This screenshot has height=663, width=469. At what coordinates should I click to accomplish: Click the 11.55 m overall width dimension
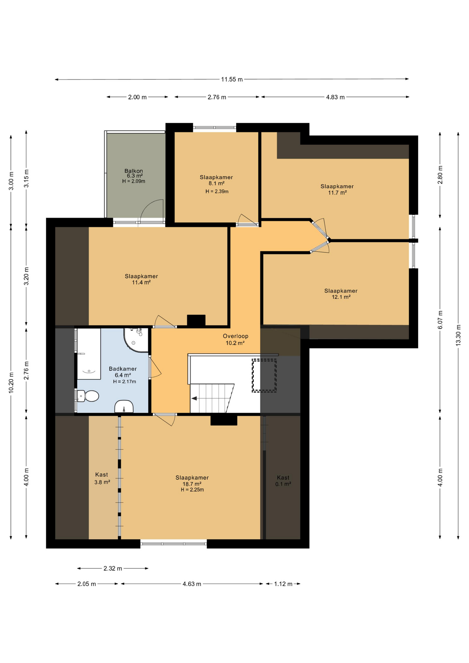pos(232,79)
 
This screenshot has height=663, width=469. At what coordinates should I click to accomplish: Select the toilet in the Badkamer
pos(88,396)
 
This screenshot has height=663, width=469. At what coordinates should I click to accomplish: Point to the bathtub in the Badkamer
pos(88,354)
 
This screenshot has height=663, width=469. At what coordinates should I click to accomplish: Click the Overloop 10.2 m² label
pos(235,339)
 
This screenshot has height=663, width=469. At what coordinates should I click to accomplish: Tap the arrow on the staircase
pos(194,398)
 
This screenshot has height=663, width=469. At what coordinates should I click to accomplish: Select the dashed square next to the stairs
pos(264,375)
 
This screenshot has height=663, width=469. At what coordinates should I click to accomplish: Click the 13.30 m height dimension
pos(458,335)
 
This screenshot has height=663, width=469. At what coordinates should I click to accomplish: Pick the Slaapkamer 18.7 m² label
pos(192,481)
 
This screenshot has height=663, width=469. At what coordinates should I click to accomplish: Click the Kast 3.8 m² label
pos(102,478)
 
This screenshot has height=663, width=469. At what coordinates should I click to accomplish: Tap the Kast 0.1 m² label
pos(283,481)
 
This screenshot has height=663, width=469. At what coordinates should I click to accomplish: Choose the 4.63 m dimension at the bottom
pos(192,584)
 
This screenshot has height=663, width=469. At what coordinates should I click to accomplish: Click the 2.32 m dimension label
pos(113,568)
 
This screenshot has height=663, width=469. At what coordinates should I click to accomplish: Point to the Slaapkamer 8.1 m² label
pos(216,180)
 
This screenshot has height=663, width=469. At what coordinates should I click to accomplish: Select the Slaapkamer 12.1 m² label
pos(341,294)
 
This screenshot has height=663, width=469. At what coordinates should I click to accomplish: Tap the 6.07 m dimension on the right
pos(440,320)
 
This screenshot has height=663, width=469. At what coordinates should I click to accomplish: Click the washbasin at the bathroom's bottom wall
pos(124,407)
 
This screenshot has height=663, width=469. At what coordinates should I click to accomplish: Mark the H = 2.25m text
pos(192,490)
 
